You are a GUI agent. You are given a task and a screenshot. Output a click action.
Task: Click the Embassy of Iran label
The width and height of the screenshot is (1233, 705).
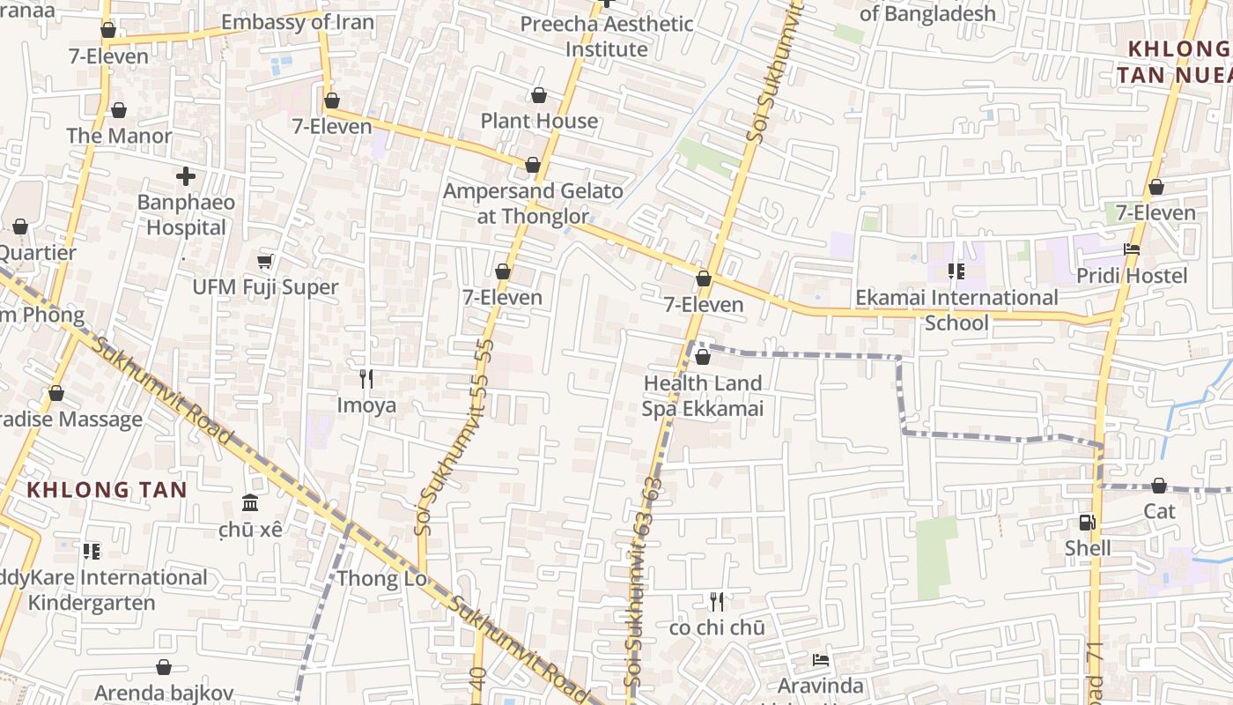[297, 22]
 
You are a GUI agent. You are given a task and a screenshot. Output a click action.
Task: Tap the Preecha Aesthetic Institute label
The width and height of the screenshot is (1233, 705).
[606, 36]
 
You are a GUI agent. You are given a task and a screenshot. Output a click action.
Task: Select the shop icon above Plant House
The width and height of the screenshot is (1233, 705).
[538, 95]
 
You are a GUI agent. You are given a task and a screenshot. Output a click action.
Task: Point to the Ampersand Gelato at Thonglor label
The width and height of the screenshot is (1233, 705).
[533, 204]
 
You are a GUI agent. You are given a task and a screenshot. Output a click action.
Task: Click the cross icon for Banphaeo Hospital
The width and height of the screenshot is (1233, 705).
[186, 176]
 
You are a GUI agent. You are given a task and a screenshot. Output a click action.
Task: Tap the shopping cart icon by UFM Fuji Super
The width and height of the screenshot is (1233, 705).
[264, 261]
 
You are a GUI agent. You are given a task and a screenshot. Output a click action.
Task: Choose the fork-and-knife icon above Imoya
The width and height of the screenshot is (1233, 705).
[366, 379]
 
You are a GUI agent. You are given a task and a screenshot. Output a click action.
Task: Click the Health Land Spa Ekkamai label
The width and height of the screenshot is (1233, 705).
[702, 396]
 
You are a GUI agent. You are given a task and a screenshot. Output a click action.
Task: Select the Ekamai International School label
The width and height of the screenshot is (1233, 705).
[956, 310]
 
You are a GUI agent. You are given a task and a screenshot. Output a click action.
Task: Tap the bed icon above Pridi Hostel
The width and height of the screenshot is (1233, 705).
[1132, 250]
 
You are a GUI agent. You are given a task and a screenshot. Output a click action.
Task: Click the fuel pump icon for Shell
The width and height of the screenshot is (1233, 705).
[1088, 522]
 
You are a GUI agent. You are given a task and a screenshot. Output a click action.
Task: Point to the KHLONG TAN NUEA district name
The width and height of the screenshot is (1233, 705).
[1176, 62]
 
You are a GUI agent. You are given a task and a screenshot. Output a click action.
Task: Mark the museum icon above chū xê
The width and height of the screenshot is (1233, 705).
[250, 503]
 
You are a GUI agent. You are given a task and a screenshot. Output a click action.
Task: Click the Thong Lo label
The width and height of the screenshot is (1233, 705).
[382, 578]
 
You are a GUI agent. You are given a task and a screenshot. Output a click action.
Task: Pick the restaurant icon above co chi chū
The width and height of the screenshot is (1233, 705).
[717, 602]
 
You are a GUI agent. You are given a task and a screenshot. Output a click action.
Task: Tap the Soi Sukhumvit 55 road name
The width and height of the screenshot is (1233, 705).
[454, 436]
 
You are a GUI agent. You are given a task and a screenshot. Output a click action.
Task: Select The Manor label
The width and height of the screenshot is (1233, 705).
[119, 136]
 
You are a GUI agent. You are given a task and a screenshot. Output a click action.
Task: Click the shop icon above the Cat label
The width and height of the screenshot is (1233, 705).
[1159, 486]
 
